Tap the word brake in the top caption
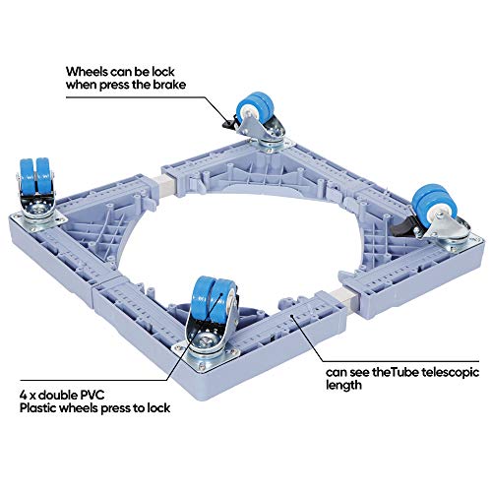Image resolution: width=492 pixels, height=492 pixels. tap(169, 85)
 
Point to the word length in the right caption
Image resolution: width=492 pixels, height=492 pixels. tap(343, 386)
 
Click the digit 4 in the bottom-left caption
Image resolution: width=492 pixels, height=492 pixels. tap(24, 396)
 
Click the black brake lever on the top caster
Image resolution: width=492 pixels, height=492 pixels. tap(229, 122)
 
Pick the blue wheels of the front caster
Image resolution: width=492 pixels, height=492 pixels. tap(214, 298)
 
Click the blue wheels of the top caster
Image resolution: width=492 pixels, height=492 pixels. tap(255, 106)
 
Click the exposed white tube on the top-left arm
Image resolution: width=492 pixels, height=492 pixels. tap(169, 185)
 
